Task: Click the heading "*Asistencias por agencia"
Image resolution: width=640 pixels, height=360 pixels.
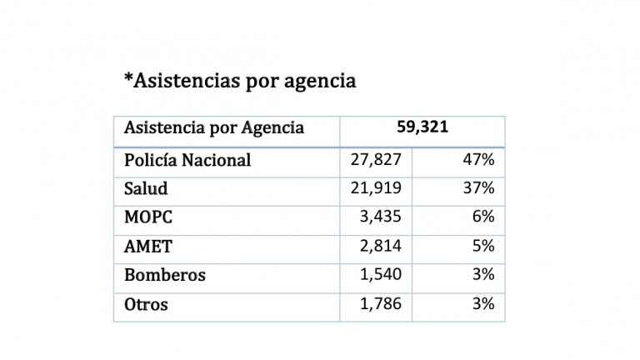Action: coord(239,81)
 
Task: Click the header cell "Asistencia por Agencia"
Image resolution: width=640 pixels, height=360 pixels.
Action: coord(214,128)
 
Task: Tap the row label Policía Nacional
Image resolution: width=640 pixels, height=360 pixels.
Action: coord(187,160)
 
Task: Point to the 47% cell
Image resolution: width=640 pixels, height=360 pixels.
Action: coord(478,160)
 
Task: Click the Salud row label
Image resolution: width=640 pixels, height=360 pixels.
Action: coord(146,188)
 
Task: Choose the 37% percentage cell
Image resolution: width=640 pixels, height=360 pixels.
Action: coord(478,188)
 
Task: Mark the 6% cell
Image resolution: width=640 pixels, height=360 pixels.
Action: coord(483,217)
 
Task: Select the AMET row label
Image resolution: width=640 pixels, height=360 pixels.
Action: coord(147,247)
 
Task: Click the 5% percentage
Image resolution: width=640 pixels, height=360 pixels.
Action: coord(483,247)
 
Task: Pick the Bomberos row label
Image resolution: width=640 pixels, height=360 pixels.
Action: coord(165,275)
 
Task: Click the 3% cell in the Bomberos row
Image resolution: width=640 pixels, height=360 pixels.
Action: coord(483,275)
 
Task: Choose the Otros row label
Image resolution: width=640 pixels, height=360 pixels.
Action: coord(146,304)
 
